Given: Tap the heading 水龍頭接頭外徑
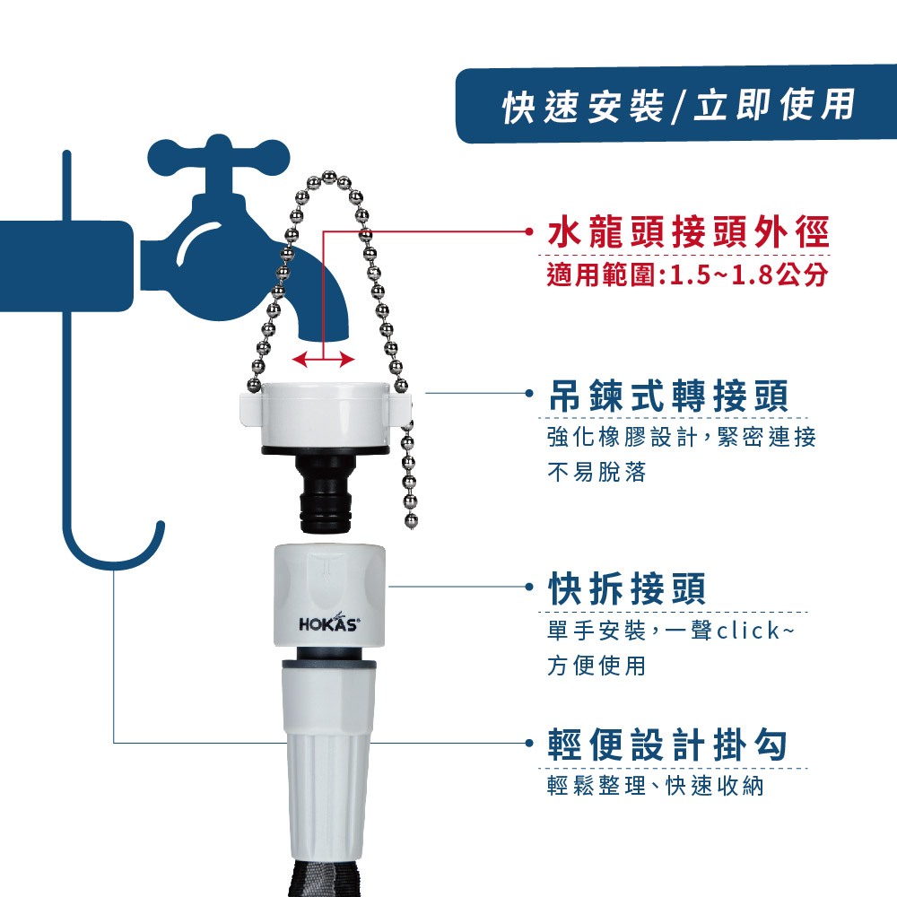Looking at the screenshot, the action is tap(688, 231).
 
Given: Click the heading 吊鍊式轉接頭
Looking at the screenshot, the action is tap(668, 396).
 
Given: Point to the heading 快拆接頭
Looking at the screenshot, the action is tap(627, 588).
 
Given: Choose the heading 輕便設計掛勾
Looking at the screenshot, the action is tap(667, 745).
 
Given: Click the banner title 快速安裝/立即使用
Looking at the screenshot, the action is tap(678, 106).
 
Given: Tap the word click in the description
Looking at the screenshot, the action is tap(748, 631).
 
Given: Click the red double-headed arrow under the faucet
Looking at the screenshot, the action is tap(323, 360).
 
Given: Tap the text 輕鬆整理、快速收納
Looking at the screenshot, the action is tap(656, 786).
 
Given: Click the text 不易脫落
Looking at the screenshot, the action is tap(597, 472).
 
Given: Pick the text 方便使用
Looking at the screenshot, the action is tap(597, 666).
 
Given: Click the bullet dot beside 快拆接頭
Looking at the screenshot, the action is tap(529, 587).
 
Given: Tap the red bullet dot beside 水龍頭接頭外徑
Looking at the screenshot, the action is tap(529, 231).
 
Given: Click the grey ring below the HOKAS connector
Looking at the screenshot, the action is tap(329, 664).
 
